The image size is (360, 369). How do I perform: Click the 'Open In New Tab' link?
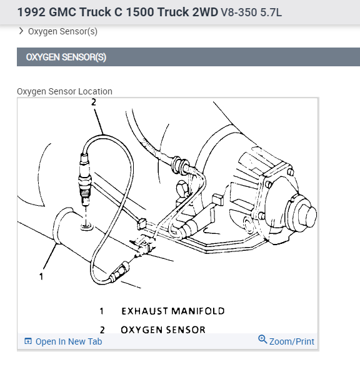click(x=69, y=341)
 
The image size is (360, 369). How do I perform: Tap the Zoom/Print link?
click(x=292, y=341)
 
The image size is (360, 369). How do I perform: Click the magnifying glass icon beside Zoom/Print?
click(x=262, y=340)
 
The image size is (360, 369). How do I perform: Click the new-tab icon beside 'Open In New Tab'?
click(x=28, y=341)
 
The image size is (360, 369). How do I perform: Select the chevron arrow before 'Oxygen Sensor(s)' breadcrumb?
click(x=21, y=31)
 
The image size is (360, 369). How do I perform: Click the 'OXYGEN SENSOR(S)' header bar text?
click(x=66, y=57)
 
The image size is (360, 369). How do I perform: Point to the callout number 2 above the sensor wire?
click(x=94, y=102)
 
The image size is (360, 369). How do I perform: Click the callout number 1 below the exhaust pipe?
click(x=41, y=276)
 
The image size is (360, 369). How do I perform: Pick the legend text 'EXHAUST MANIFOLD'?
click(x=173, y=311)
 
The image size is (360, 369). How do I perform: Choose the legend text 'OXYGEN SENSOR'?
click(x=163, y=330)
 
